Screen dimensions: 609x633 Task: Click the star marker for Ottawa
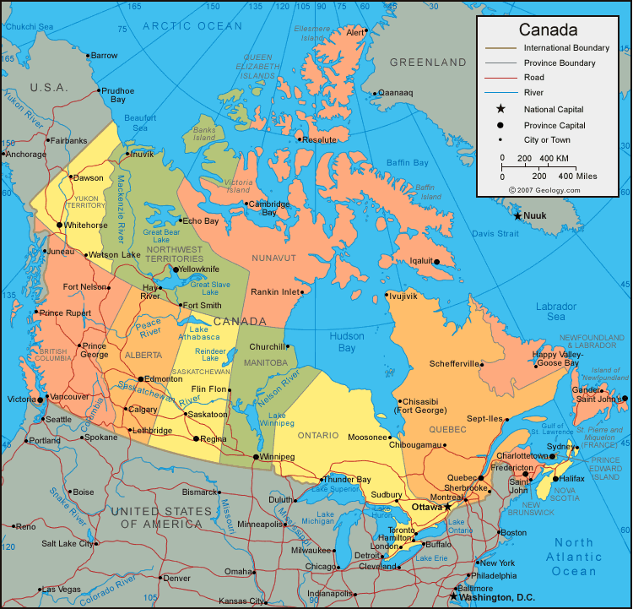(447, 507)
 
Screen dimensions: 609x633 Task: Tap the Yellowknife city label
(204, 270)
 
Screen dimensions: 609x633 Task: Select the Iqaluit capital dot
(436, 262)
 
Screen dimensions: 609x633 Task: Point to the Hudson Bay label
(341, 342)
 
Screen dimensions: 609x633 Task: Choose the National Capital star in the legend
(500, 109)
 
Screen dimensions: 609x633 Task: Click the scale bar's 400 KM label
(554, 159)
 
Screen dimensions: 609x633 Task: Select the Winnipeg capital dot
(256, 457)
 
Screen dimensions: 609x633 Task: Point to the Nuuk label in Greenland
(535, 216)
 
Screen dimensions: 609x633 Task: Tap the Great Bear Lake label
(161, 237)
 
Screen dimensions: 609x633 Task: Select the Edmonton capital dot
(141, 379)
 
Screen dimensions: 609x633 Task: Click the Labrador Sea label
(555, 312)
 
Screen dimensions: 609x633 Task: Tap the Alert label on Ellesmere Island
(355, 33)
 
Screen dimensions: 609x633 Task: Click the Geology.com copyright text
(544, 190)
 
